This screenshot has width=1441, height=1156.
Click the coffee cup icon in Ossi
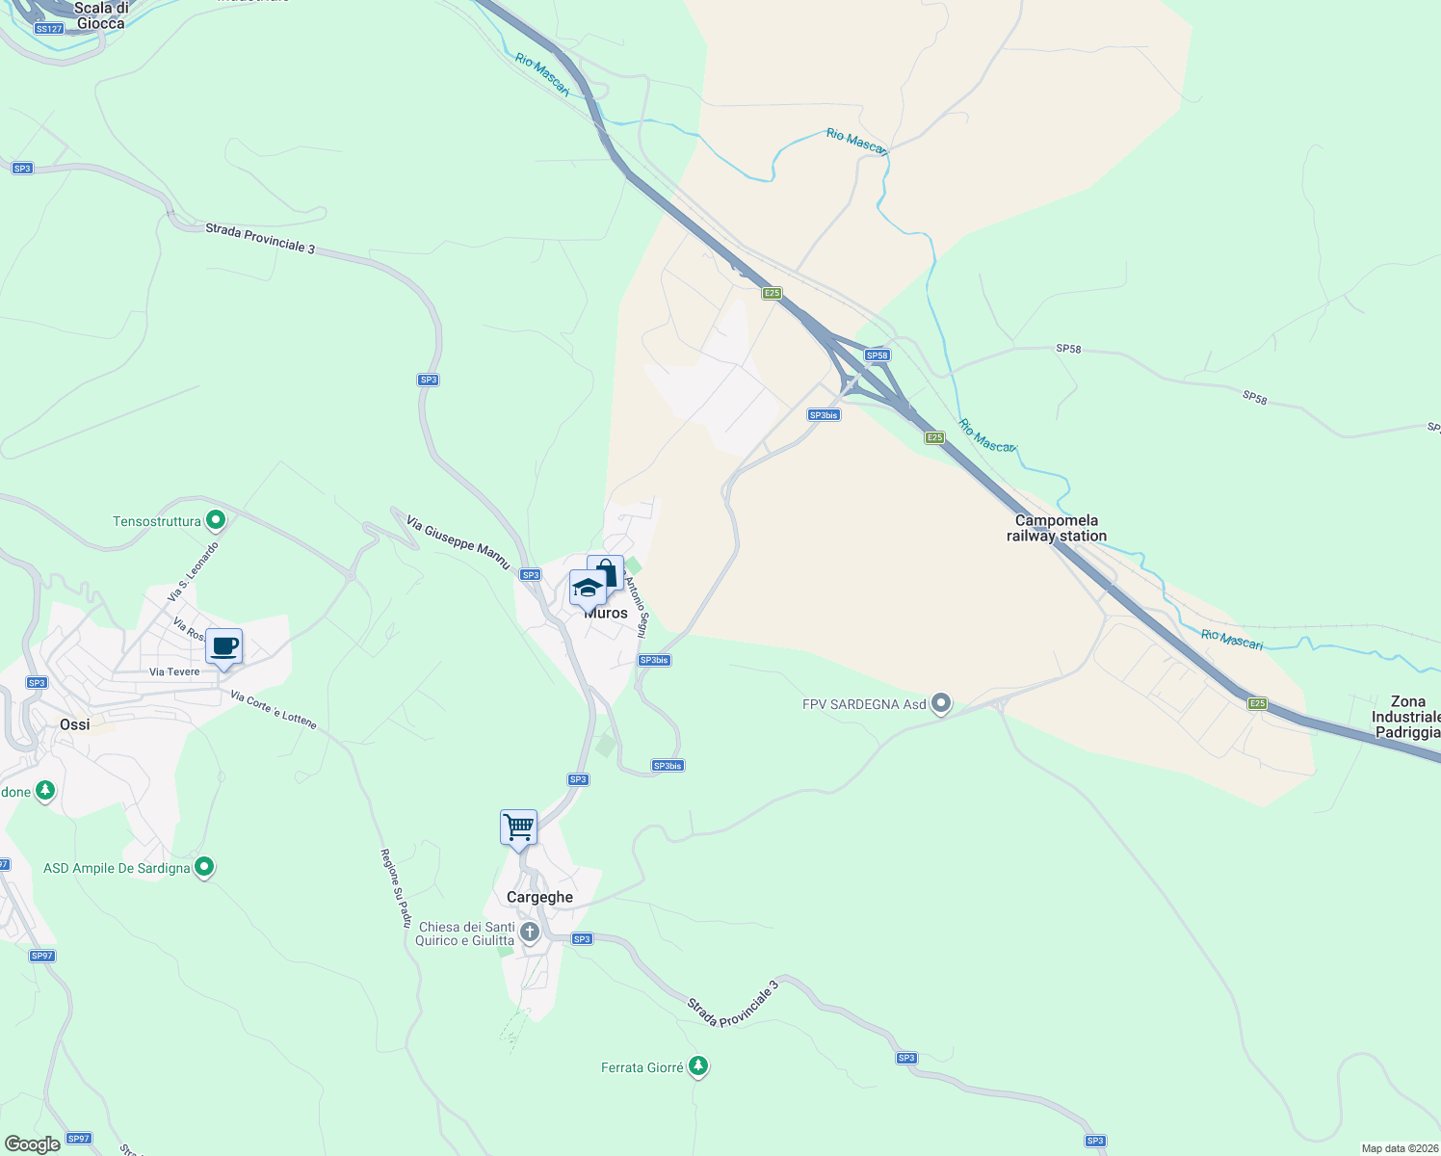[x=223, y=646]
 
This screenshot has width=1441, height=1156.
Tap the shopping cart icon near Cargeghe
[x=518, y=827]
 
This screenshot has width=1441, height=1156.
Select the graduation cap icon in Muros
[x=587, y=588]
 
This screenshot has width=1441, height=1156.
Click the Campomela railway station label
[x=1057, y=528]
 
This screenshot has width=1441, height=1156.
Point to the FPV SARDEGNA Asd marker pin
[x=942, y=704]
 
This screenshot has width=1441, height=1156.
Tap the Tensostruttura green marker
[x=216, y=521]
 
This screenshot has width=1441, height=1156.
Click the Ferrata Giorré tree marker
[x=698, y=1066]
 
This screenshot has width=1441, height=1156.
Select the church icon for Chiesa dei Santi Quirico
[x=529, y=932]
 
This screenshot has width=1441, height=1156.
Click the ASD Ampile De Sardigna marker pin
[x=203, y=867]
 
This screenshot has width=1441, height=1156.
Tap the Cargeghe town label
[x=539, y=897]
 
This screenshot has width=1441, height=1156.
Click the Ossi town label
[x=74, y=724]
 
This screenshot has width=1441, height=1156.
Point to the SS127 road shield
[x=48, y=29]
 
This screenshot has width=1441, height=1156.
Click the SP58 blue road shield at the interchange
[x=877, y=355]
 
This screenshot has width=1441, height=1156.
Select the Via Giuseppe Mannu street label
[x=458, y=542]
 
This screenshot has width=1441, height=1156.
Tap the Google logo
[x=32, y=1143]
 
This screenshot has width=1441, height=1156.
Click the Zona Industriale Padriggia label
[x=1406, y=717]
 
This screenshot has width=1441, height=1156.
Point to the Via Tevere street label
[x=174, y=671]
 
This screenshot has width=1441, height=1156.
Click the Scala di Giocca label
[x=100, y=15]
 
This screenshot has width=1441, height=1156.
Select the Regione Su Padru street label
[x=395, y=887]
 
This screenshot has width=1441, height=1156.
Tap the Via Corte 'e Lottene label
[x=274, y=709]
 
